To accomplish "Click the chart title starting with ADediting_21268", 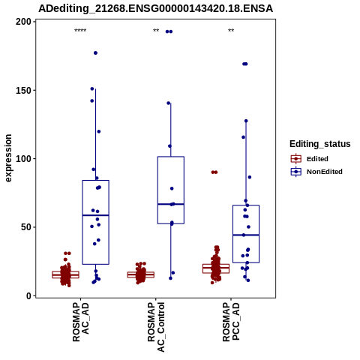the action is (x=155, y=8).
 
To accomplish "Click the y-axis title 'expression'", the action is (x=8, y=158).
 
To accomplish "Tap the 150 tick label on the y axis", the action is (x=23, y=90).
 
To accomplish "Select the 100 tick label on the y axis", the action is (x=23, y=159).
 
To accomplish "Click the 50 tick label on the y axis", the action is (x=26, y=227).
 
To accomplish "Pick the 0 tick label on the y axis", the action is (x=29, y=295).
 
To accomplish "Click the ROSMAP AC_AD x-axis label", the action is (x=80, y=322).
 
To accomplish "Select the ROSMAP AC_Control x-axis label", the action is (x=156, y=327).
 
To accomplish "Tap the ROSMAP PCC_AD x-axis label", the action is (x=231, y=322).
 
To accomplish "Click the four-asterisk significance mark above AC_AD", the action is (x=80, y=31).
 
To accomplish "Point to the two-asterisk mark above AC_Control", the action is (x=156, y=31).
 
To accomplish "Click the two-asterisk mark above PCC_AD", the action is (x=231, y=31).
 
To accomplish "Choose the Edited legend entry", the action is (x=309, y=159).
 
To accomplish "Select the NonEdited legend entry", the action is (x=316, y=172).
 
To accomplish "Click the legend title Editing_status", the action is (x=320, y=144).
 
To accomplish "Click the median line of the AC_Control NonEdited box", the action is (x=171, y=204).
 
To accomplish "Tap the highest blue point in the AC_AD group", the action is (x=95, y=53).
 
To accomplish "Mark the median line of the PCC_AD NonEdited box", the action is (x=246, y=235).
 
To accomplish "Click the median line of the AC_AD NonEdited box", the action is (x=95, y=215).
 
